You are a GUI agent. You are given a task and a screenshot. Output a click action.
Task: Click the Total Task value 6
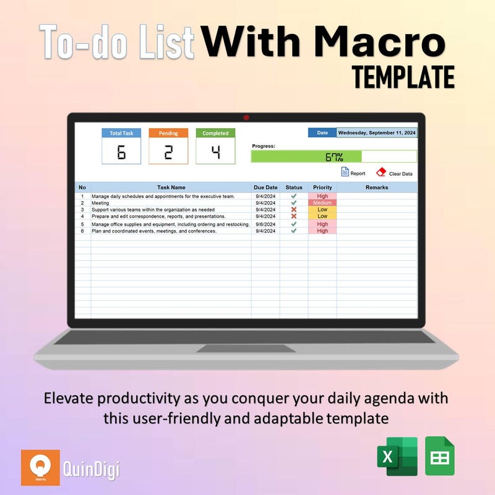(121, 152)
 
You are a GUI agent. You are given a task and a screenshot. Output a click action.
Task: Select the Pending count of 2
(168, 152)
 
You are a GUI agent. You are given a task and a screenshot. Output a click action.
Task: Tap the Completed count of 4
(215, 152)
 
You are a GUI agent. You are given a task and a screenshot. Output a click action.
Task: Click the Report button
(353, 173)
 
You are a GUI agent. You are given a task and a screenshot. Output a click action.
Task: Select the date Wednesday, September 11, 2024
(377, 132)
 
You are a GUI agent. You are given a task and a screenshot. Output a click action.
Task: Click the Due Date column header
(265, 187)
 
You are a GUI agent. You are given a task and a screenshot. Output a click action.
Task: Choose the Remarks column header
(377, 187)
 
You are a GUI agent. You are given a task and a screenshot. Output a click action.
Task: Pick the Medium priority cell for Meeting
(322, 203)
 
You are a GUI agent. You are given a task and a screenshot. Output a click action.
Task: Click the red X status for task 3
(294, 210)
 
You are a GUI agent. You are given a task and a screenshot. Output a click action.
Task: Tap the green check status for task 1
(294, 196)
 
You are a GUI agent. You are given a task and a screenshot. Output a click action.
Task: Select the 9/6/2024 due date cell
(265, 224)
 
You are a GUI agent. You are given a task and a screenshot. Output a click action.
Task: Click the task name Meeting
(100, 203)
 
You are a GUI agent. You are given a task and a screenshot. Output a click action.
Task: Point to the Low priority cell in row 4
(322, 217)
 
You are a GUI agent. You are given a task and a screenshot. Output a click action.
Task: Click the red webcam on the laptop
(246, 117)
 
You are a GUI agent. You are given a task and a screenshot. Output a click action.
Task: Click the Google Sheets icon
(440, 456)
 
